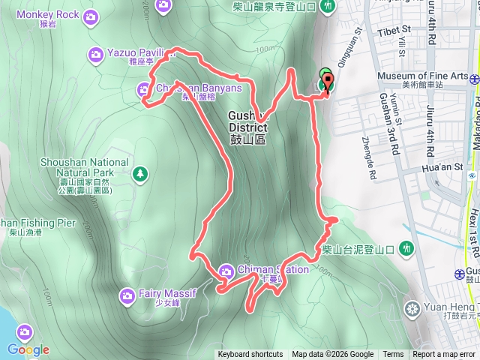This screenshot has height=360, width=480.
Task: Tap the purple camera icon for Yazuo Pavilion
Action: click(x=95, y=53)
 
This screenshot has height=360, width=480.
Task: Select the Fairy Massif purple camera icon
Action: click(x=127, y=295)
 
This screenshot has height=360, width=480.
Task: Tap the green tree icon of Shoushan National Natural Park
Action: click(x=140, y=175)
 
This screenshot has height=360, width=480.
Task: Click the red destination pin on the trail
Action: click(x=328, y=80)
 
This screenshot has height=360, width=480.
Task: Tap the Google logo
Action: click(x=28, y=349)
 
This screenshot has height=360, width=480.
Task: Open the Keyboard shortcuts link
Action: click(x=250, y=355)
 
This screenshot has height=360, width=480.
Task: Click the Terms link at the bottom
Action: click(x=393, y=355)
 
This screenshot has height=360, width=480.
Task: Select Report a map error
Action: click(x=445, y=355)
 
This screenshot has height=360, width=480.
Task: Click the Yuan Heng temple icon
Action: click(x=412, y=308)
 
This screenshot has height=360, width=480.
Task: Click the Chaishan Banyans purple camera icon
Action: click(x=145, y=89)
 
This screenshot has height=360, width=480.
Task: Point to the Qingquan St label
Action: click(x=355, y=52)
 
